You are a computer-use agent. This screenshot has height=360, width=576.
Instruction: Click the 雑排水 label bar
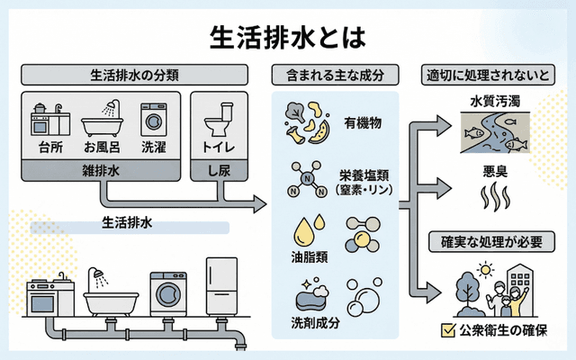(x=102, y=168)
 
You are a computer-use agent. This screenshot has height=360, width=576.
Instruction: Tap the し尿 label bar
(x=220, y=168)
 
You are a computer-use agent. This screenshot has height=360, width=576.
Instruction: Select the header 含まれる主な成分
(x=336, y=75)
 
